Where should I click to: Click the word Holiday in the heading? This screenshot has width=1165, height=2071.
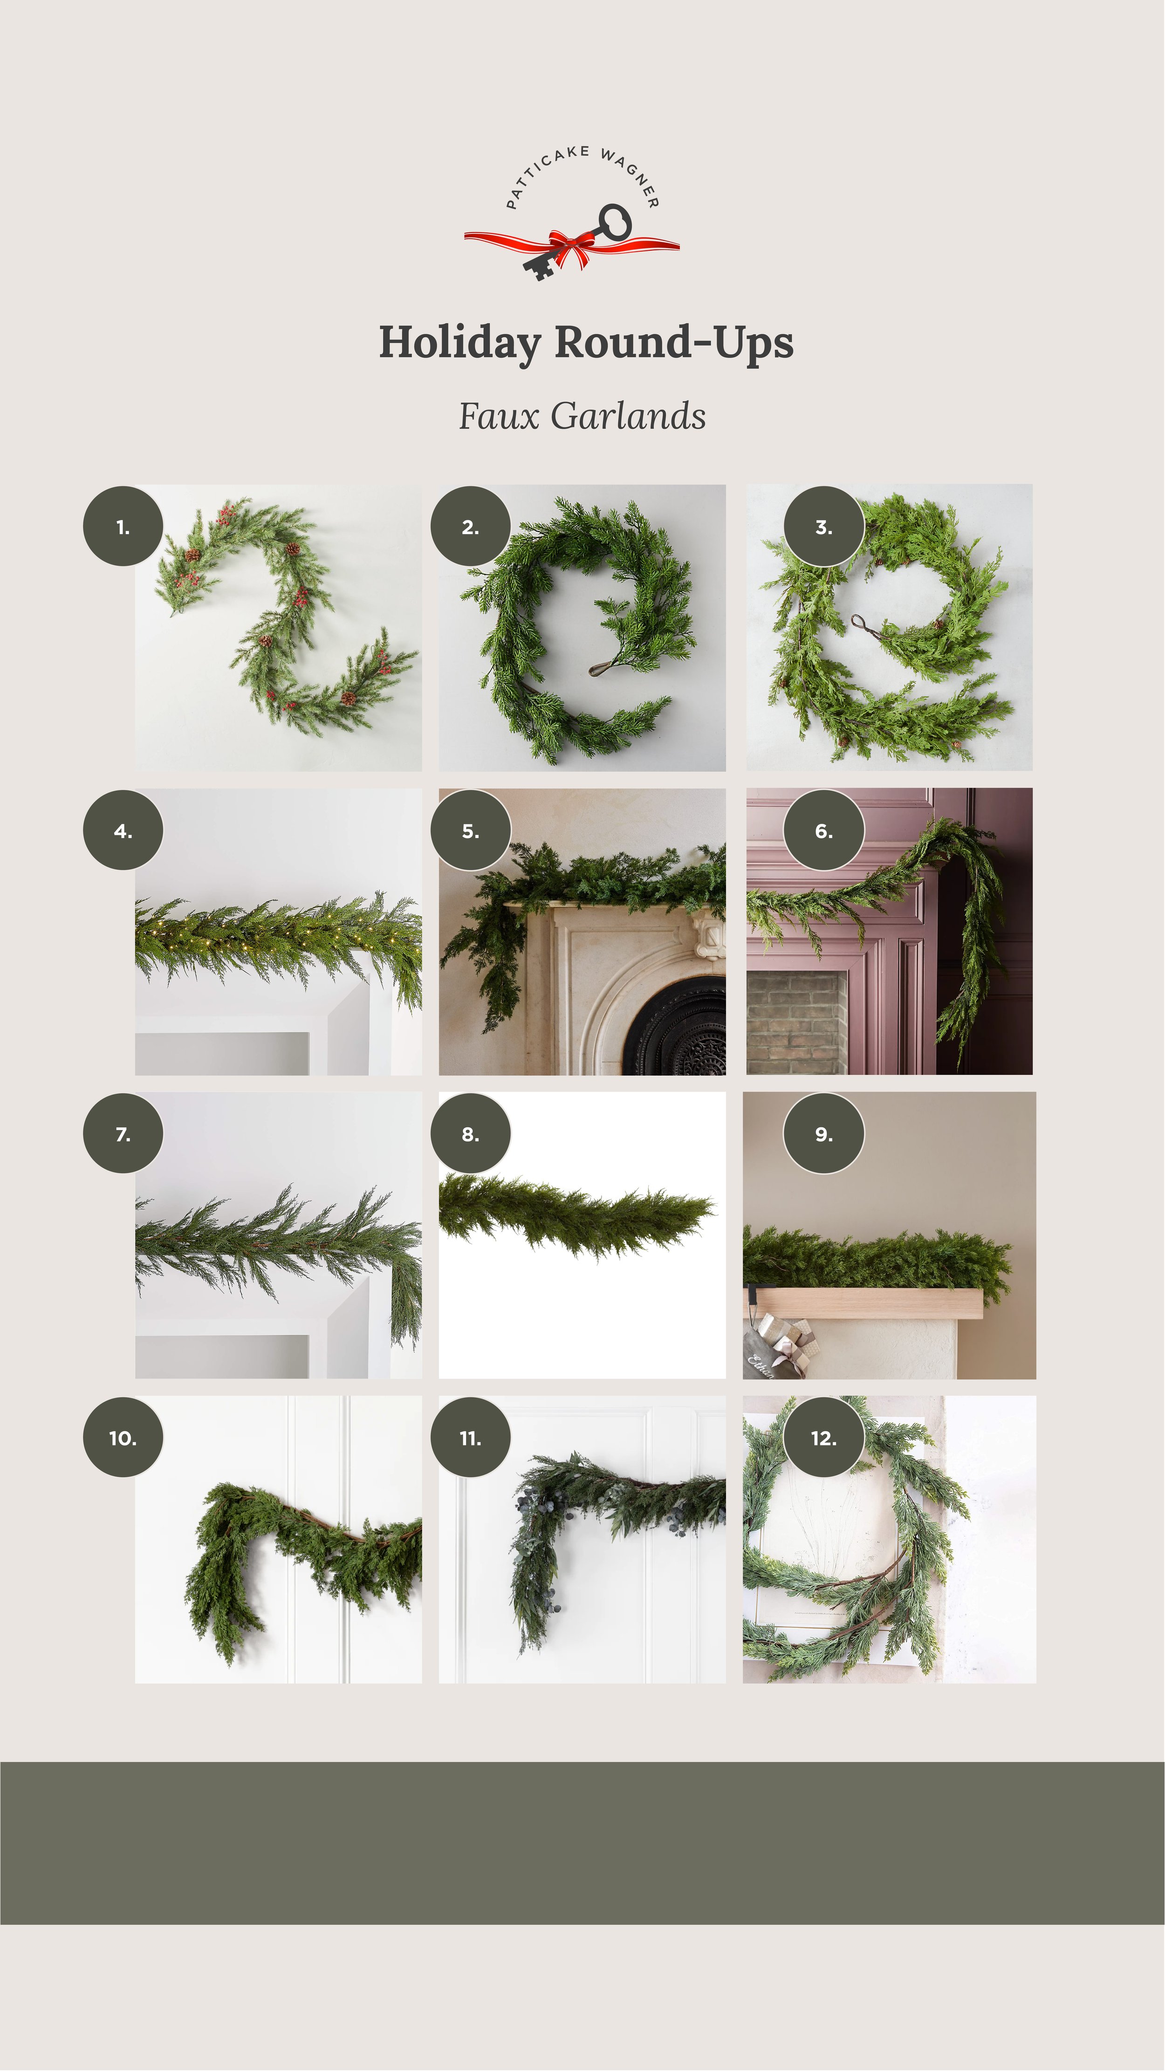click(x=460, y=343)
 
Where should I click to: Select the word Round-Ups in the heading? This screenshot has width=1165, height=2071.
click(x=674, y=343)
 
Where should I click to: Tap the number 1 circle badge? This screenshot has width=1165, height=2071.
click(x=123, y=527)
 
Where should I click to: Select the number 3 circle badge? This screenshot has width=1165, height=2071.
click(x=824, y=527)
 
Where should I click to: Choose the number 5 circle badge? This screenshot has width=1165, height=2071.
click(x=470, y=830)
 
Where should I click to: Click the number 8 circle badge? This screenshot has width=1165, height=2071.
click(x=470, y=1133)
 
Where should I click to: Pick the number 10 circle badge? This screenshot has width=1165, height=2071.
click(x=123, y=1438)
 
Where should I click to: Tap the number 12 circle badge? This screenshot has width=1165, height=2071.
click(x=824, y=1438)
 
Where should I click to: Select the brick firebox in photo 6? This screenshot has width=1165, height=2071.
click(x=796, y=1022)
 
